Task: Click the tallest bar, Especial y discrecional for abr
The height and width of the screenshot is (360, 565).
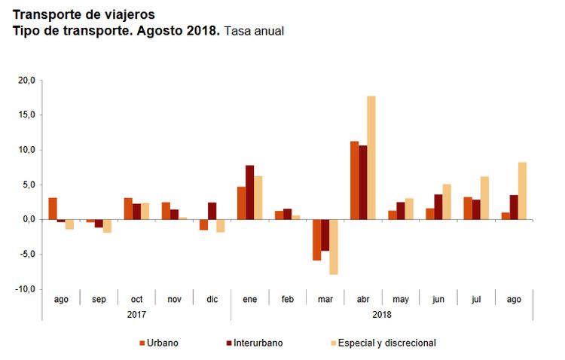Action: (x=371, y=157)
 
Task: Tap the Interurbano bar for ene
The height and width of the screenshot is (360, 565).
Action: (x=249, y=192)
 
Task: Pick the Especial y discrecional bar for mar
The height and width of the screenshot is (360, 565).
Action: (x=333, y=247)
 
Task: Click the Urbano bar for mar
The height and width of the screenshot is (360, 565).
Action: (x=316, y=239)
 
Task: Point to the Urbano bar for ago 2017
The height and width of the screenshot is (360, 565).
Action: (x=53, y=209)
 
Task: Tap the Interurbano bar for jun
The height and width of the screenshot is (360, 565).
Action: (x=438, y=206)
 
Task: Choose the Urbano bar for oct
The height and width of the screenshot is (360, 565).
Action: (x=128, y=209)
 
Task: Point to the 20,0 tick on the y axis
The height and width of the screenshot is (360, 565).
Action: (x=26, y=80)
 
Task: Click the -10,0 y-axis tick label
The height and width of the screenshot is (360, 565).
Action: (x=26, y=289)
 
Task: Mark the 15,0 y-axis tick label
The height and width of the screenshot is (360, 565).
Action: (x=26, y=114)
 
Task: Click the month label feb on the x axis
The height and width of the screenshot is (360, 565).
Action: (x=288, y=300)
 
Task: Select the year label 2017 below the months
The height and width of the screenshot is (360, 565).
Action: (x=136, y=314)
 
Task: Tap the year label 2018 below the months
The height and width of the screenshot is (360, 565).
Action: (x=382, y=314)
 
